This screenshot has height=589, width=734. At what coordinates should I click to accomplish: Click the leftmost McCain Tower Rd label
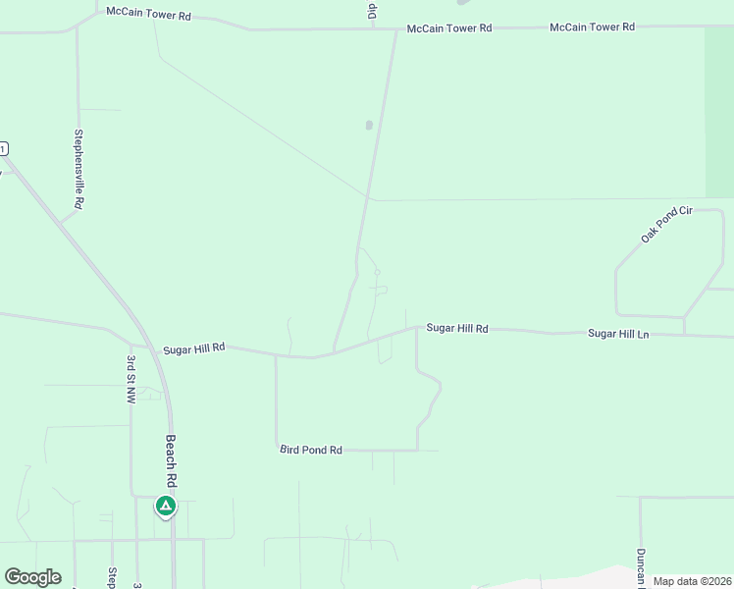[148, 17]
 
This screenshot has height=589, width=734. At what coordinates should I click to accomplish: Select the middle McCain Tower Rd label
[449, 28]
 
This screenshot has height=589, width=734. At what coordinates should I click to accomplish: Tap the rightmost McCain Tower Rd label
[592, 27]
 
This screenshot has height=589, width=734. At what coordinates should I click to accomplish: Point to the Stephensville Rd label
[79, 168]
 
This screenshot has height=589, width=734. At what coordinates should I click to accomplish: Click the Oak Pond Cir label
[666, 224]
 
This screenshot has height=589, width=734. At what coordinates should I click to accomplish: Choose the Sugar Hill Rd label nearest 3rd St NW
[194, 348]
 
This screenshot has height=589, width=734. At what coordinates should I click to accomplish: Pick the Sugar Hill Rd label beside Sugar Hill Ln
[456, 328]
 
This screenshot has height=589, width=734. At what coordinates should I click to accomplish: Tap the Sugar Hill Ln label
[618, 334]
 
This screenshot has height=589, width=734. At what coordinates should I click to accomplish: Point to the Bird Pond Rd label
[310, 450]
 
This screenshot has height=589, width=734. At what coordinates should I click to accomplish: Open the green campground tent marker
[166, 507]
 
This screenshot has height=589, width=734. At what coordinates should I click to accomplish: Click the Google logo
[32, 577]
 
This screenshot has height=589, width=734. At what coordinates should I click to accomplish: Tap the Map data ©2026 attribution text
[691, 581]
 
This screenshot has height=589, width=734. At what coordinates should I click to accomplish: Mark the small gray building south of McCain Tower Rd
[369, 125]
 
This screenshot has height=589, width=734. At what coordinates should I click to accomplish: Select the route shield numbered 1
[3, 148]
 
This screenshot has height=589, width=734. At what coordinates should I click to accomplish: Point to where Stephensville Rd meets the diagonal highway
[62, 222]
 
